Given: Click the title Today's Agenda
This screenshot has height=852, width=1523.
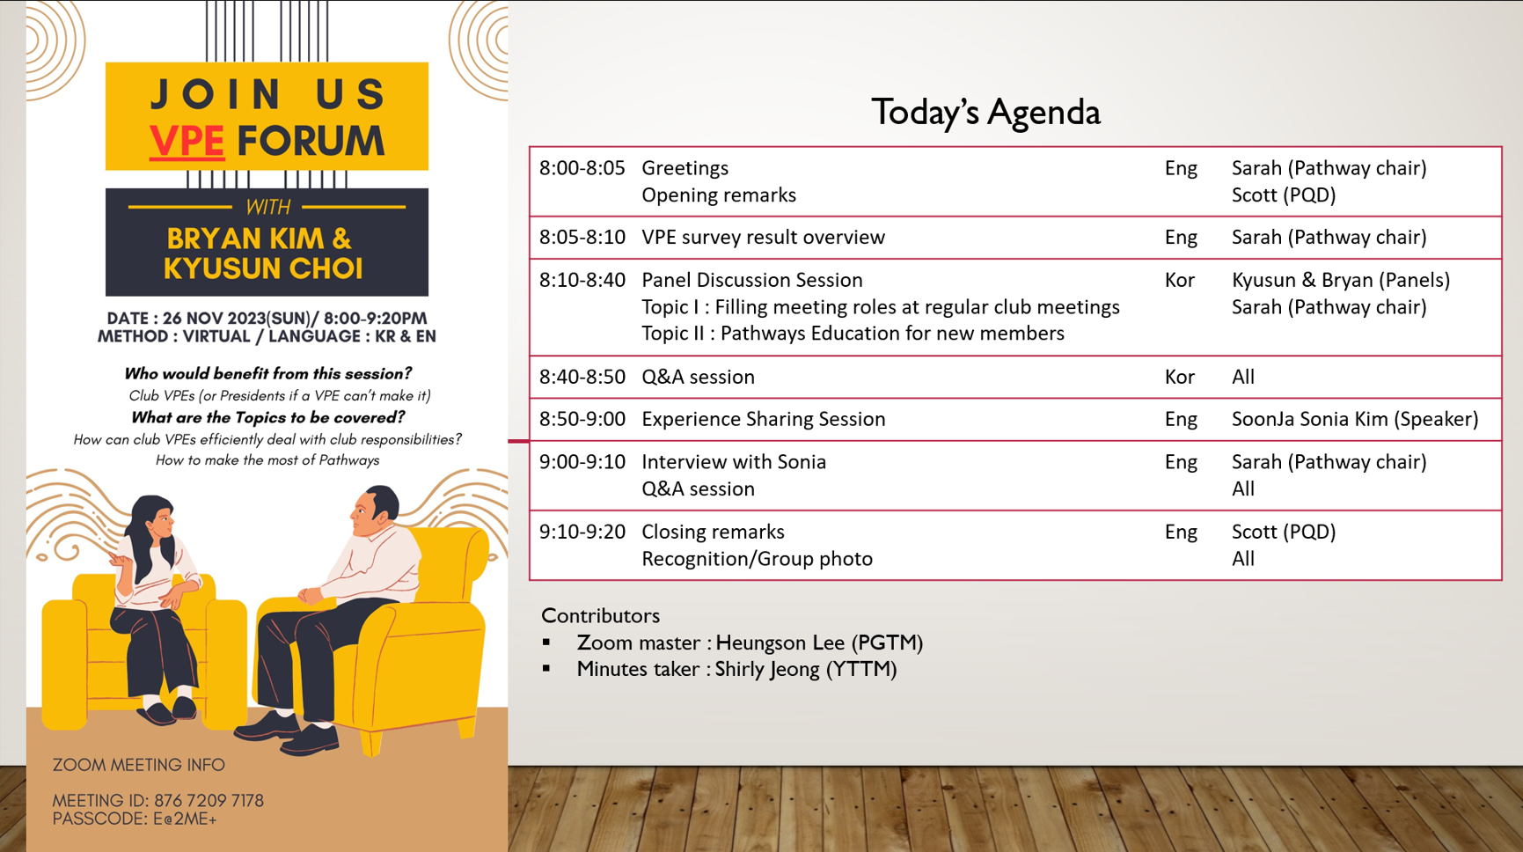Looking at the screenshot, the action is tap(985, 113).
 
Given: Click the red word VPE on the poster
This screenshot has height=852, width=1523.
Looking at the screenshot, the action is tap(187, 141).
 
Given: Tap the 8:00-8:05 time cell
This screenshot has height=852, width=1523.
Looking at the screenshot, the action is tap(582, 168).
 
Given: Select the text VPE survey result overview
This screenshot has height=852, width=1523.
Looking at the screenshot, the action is tap(763, 238).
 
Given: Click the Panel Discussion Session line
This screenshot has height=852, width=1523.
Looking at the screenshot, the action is tap(751, 280).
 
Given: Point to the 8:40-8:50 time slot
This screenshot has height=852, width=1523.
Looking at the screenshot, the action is tap(582, 377).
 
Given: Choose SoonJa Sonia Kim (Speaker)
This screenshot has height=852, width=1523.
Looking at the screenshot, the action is tap(1355, 420).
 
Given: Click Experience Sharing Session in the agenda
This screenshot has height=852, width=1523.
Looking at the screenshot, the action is tap(763, 420).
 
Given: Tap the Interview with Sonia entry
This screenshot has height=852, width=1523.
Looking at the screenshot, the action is tap(734, 462).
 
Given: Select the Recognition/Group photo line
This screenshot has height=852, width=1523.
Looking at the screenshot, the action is tap(757, 559).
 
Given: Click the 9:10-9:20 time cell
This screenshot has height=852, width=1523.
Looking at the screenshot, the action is tap(582, 532).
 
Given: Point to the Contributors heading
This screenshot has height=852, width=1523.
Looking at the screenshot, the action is tap(600, 615).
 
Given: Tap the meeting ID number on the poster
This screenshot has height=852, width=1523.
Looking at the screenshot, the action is tap(209, 801).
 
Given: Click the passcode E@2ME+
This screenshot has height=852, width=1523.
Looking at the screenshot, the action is tap(185, 819).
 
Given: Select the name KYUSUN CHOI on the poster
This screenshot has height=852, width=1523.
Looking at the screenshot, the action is tap(263, 268).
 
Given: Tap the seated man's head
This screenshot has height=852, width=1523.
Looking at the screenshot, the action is tap(373, 511).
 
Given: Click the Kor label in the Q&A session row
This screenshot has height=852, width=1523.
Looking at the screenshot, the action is tap(1179, 377).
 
